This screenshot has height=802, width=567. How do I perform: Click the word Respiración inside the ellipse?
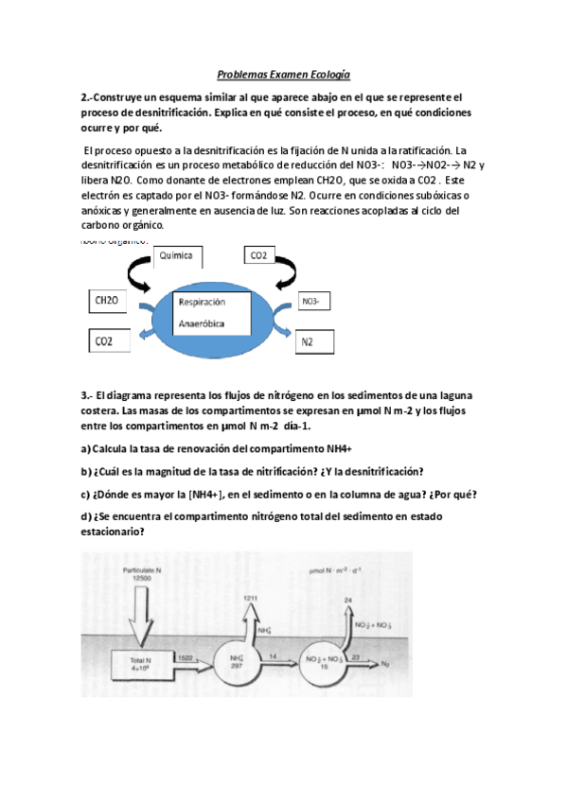pos(202,304)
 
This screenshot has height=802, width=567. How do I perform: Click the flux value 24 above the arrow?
pos(347,600)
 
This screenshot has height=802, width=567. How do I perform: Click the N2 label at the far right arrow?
pos(384,664)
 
